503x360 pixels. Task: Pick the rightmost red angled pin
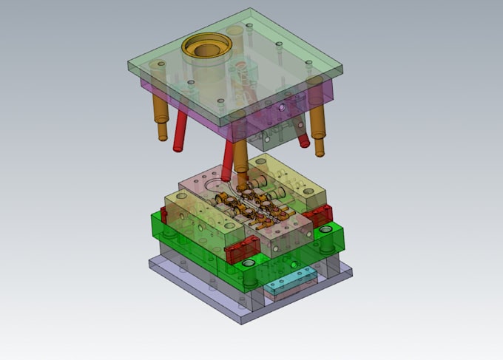click(303, 140)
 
